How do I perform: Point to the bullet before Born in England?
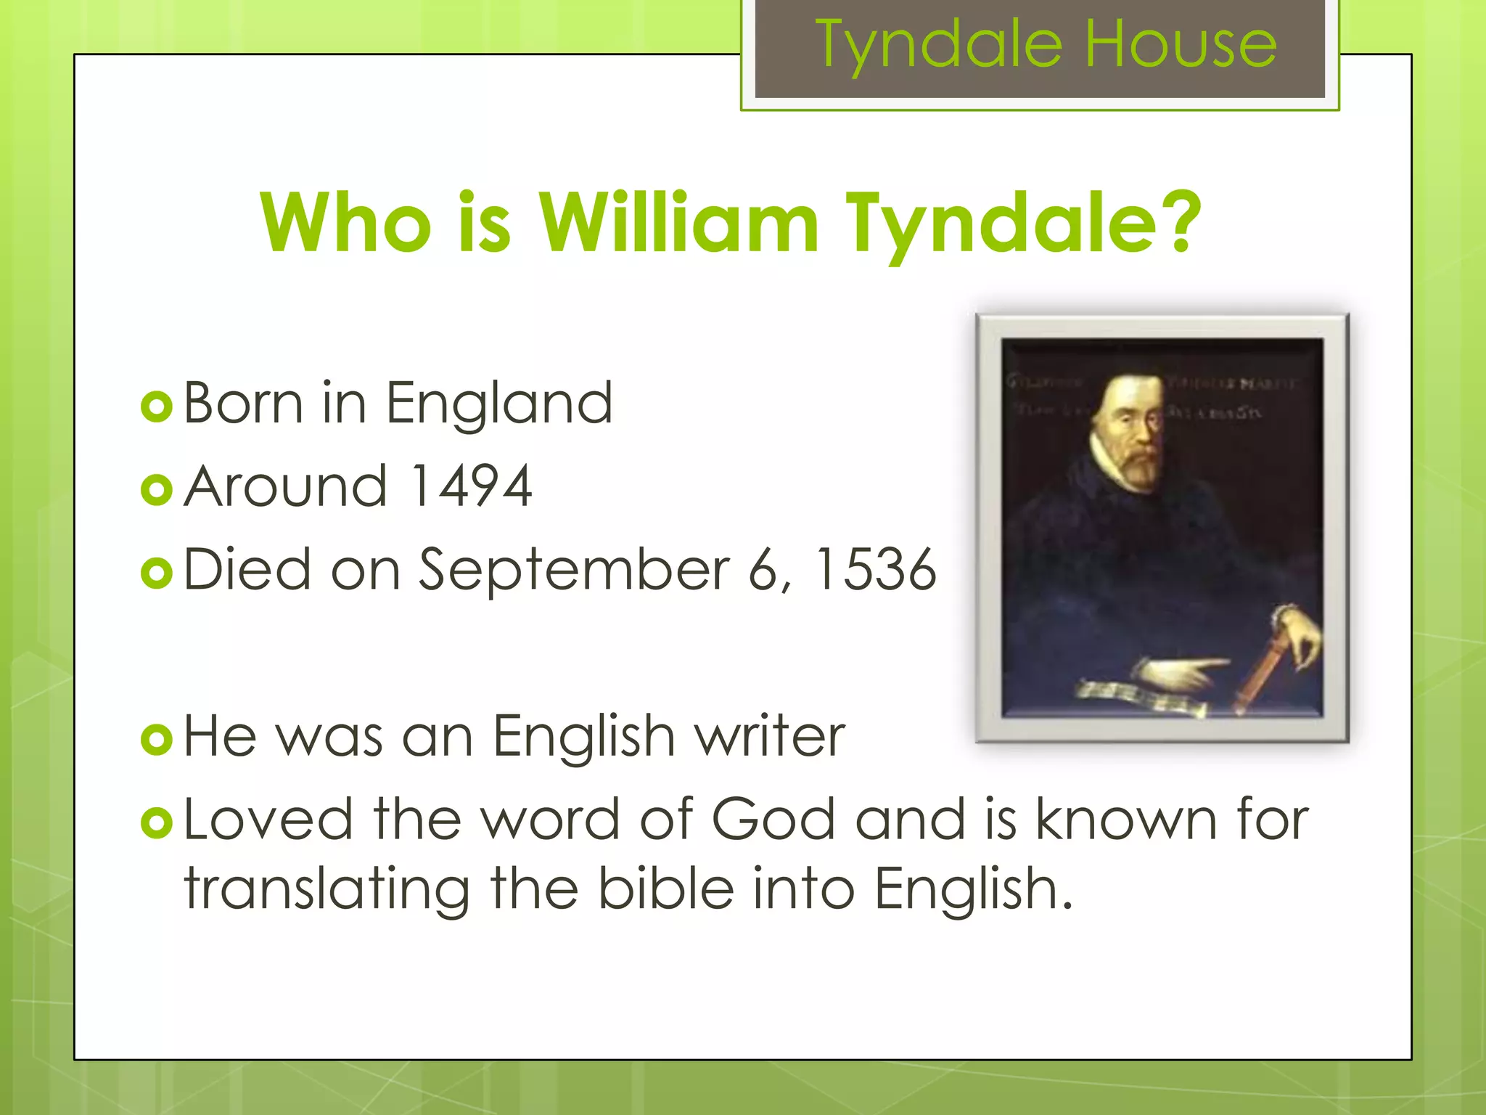point(157,407)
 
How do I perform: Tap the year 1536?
point(875,570)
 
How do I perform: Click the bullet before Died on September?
point(157,573)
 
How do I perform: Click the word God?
point(773,820)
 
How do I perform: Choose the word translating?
point(327,890)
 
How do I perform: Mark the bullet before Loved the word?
point(157,823)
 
